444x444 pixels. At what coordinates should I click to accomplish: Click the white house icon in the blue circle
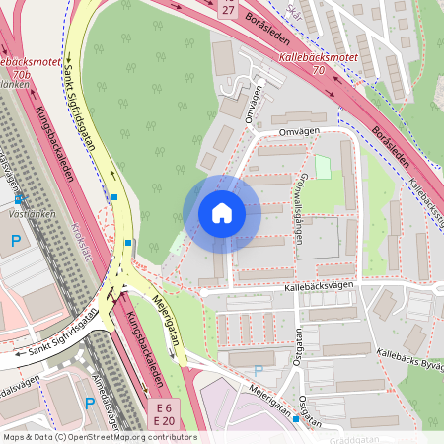click(x=222, y=212)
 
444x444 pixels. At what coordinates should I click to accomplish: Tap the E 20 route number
click(x=164, y=421)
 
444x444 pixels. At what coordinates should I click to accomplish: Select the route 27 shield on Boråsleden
click(x=229, y=9)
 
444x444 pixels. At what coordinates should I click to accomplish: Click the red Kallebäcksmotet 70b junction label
click(x=27, y=66)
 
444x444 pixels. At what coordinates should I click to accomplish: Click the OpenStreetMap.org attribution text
click(x=113, y=436)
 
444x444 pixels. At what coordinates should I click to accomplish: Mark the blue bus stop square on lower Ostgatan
click(x=295, y=418)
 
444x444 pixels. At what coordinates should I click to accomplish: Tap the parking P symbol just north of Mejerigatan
click(x=259, y=370)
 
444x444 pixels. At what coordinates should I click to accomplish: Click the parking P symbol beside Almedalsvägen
click(x=90, y=402)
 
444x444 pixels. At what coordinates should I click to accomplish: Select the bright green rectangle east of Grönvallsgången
click(x=323, y=167)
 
